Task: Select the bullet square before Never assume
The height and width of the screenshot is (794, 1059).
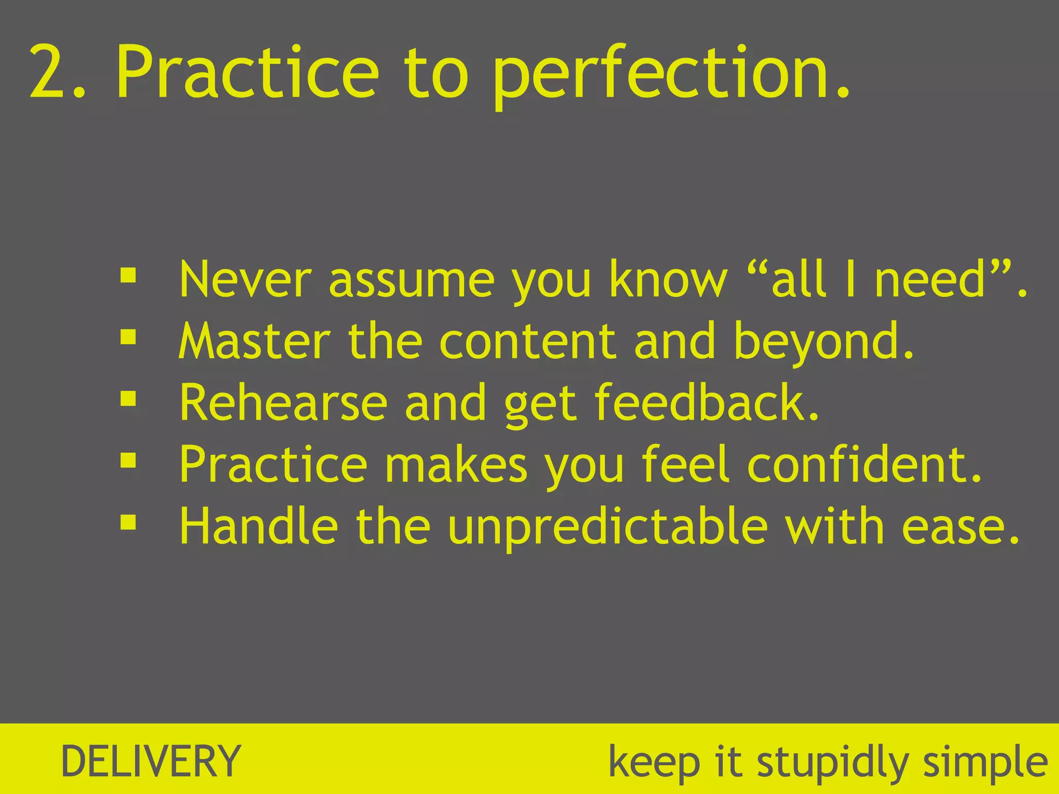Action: click(x=128, y=275)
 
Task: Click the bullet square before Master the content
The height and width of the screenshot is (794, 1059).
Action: click(x=128, y=337)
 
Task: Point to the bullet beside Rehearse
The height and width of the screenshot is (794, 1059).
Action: click(x=128, y=399)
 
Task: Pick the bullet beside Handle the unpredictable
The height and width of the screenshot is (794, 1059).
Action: click(x=128, y=522)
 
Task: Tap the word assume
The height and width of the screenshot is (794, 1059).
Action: click(x=411, y=282)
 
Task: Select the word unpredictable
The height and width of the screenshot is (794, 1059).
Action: click(x=607, y=527)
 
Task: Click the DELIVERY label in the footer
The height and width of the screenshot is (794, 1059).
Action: click(x=150, y=761)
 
